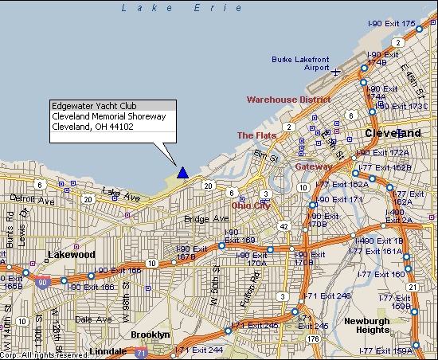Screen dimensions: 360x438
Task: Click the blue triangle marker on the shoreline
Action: (183, 172)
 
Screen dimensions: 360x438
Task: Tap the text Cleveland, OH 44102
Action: (92, 127)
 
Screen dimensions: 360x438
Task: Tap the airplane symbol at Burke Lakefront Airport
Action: (336, 72)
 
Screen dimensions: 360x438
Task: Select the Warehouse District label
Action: (288, 100)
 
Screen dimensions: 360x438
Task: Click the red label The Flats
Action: (256, 135)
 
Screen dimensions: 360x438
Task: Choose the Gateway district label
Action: (314, 167)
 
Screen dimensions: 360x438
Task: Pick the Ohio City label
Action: (251, 205)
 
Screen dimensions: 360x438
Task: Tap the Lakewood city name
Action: (72, 255)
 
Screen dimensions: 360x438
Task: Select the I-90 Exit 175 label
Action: (393, 24)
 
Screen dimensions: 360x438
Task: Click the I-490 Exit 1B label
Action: (378, 240)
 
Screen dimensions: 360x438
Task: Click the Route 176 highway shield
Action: (313, 339)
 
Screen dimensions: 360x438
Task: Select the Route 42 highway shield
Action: (283, 226)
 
